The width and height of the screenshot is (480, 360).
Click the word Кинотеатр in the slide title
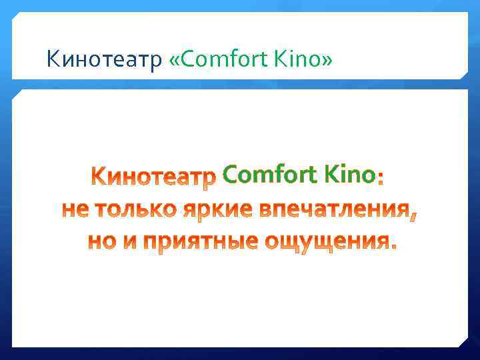104,61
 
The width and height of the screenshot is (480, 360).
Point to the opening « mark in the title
175,61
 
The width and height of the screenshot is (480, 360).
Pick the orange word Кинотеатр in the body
154,177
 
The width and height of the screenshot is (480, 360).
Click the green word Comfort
269,175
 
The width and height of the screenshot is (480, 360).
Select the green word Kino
347,175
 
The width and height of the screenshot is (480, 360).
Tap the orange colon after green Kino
380,179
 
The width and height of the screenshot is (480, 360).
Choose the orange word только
135,210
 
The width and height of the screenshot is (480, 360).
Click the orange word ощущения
323,243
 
